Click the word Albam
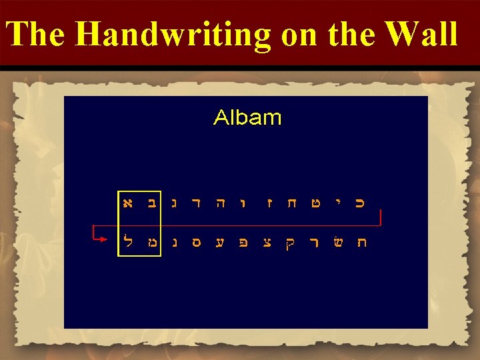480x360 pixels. [x=247, y=118]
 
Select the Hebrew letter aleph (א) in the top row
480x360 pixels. [x=127, y=200]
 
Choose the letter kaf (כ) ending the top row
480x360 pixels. [x=360, y=200]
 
